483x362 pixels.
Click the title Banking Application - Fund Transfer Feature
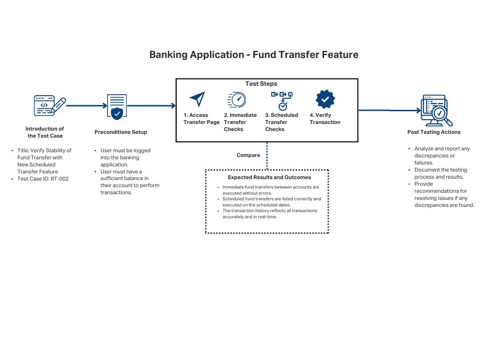pos(254,55)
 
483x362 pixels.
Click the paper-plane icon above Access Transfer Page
pos(197,99)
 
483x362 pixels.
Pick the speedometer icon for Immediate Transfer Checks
pos(237,100)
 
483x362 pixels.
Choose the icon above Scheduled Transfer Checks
pos(282,100)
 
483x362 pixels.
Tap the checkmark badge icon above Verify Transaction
pos(325,99)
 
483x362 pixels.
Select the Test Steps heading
pos(261,84)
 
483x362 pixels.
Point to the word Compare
pos(248,155)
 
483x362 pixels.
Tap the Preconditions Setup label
pos(121,132)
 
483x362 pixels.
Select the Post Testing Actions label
pos(434,132)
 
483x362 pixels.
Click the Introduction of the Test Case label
pos(45,132)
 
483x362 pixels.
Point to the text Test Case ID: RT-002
pos(43,179)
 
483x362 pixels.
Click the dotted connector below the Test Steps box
pos(267,156)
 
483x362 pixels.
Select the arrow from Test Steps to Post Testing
pos(389,110)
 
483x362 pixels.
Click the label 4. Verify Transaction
pos(325,119)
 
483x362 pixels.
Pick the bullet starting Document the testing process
pos(441,173)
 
